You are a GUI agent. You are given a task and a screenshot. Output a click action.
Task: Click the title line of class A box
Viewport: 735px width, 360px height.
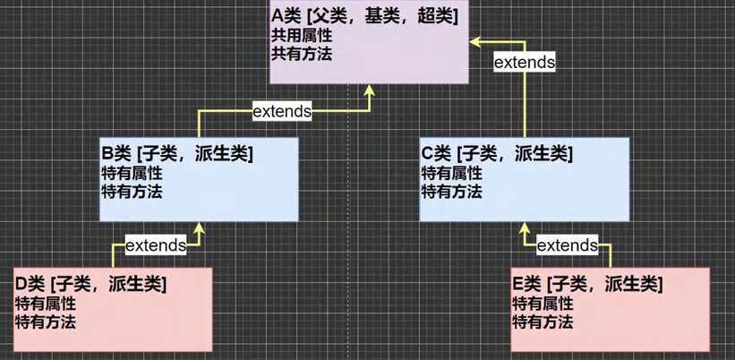pyautogui.click(x=366, y=17)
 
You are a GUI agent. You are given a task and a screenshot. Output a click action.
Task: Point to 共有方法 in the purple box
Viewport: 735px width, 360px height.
pyautogui.click(x=301, y=54)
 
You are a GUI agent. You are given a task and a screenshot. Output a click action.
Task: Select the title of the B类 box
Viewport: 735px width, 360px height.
pyautogui.click(x=178, y=154)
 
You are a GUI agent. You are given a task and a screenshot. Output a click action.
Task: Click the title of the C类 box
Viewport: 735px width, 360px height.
pyautogui.click(x=497, y=154)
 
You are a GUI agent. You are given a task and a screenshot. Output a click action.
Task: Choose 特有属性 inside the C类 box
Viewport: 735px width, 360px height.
pyautogui.click(x=451, y=173)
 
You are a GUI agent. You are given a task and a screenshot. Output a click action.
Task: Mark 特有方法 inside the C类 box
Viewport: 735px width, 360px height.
pyautogui.click(x=451, y=191)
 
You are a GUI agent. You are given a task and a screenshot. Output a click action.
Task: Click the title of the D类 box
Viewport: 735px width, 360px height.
pyautogui.click(x=90, y=285)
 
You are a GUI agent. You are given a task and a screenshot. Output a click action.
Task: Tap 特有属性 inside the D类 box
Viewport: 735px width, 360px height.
pyautogui.click(x=45, y=304)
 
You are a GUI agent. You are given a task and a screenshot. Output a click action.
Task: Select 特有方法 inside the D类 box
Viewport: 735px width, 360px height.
pyautogui.click(x=45, y=321)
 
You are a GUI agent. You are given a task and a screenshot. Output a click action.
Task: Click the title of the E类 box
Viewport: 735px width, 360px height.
pyautogui.click(x=587, y=285)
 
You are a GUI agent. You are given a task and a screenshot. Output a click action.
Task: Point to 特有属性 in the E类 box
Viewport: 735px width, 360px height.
pyautogui.click(x=543, y=304)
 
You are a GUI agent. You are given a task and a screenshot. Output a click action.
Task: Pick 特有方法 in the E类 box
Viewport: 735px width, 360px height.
pyautogui.click(x=543, y=321)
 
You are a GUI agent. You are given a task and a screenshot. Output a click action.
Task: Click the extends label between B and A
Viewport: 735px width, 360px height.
pyautogui.click(x=282, y=111)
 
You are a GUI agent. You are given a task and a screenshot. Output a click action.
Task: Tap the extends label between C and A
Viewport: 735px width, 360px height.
pyautogui.click(x=525, y=63)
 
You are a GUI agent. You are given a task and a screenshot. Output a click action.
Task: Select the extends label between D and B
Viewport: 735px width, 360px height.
pyautogui.click(x=156, y=244)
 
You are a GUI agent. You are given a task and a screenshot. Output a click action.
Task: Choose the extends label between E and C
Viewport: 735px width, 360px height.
pyautogui.click(x=567, y=244)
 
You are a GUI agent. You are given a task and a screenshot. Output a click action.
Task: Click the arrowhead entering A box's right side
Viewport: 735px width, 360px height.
pyautogui.click(x=476, y=40)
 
